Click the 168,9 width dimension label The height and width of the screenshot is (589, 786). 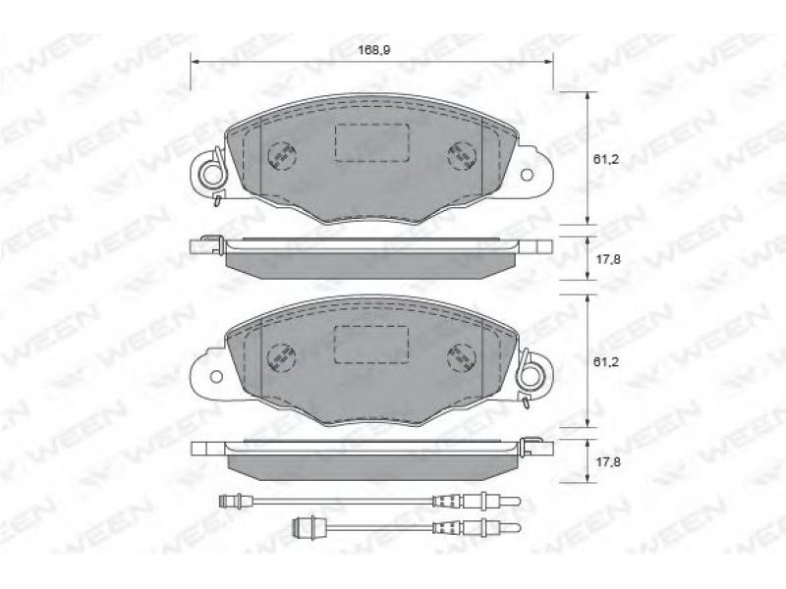click(x=374, y=50)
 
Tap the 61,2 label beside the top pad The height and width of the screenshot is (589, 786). click(x=606, y=159)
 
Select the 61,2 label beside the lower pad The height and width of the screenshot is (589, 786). click(x=606, y=361)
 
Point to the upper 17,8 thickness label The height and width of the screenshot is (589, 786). click(x=607, y=259)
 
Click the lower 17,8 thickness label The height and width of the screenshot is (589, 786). click(x=607, y=461)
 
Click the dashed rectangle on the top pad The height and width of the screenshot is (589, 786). click(x=371, y=142)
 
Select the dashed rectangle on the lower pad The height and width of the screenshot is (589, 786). click(x=371, y=345)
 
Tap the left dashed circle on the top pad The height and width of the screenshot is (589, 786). click(x=282, y=155)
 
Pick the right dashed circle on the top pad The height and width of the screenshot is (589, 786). click(x=461, y=155)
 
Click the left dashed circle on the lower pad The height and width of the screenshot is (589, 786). click(x=282, y=357)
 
